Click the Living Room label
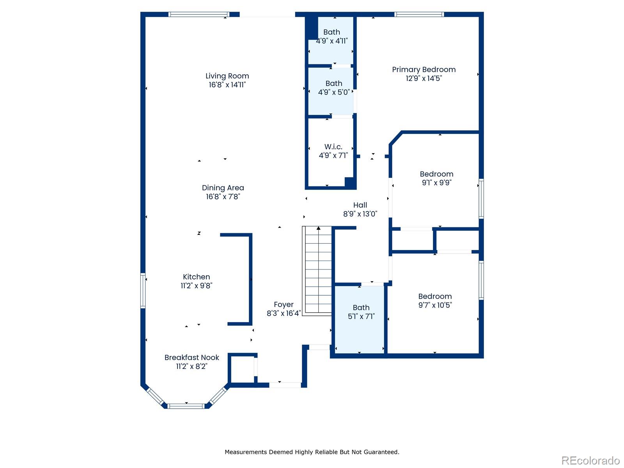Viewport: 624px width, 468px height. tap(227, 76)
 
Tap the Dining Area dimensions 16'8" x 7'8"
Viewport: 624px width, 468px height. tap(223, 197)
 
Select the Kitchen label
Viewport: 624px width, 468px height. tap(196, 277)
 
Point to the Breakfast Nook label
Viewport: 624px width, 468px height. tap(191, 358)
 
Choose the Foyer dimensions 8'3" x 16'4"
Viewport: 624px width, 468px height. tap(284, 313)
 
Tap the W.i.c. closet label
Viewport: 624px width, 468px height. tap(333, 147)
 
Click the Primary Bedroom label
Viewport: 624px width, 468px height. tap(424, 70)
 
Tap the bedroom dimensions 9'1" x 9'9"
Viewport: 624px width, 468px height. tap(436, 183)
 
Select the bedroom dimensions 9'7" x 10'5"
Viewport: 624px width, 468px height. tap(435, 305)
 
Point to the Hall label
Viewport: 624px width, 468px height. tap(360, 205)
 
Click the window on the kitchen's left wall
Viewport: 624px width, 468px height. tap(143, 291)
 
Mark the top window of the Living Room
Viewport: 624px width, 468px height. tap(199, 15)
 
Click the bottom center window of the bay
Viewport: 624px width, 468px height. tap(186, 406)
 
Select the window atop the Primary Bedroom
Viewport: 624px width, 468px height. tap(419, 15)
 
